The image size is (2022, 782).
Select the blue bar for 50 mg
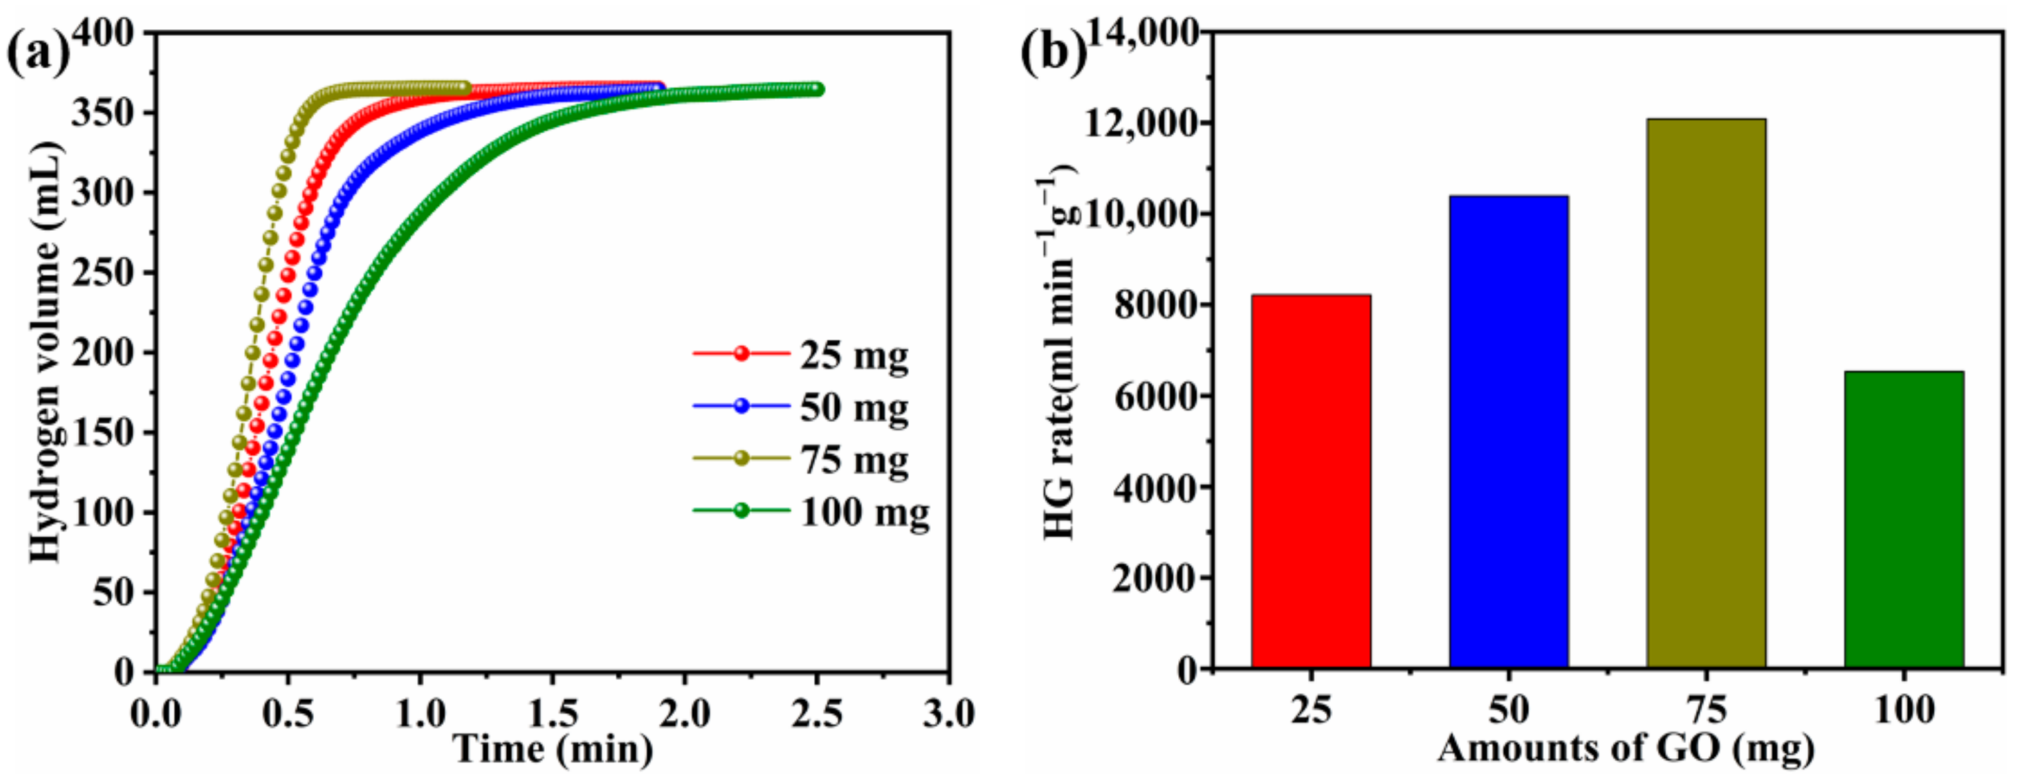(1509, 432)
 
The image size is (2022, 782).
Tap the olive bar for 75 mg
(1706, 393)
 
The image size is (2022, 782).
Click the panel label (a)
(37, 53)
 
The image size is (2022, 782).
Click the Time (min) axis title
(553, 749)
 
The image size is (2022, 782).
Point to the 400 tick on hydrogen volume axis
(113, 33)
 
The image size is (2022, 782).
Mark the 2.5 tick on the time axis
(817, 714)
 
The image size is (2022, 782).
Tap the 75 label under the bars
(1706, 710)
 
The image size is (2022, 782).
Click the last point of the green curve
(817, 89)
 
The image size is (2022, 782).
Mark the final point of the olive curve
(464, 86)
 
